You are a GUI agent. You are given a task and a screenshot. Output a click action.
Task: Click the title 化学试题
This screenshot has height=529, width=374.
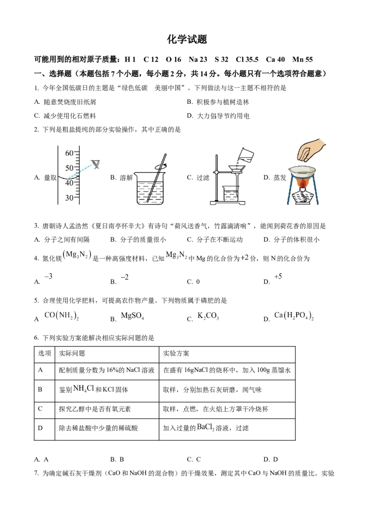point(187,39)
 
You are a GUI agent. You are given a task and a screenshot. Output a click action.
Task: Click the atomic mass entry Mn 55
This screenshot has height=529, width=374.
point(302,59)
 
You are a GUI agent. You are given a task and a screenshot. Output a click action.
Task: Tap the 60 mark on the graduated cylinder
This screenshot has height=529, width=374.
point(69,153)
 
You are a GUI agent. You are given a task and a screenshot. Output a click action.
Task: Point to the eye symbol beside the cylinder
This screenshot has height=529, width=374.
point(96,164)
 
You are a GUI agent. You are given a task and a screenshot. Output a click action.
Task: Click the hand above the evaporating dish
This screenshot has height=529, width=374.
point(310,150)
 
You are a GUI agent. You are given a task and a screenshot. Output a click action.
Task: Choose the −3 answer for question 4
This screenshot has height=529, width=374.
point(49,276)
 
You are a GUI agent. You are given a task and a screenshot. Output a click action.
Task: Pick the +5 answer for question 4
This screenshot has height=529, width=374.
point(278,277)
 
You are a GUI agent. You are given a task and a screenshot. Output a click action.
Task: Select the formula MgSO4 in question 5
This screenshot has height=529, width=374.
point(132,316)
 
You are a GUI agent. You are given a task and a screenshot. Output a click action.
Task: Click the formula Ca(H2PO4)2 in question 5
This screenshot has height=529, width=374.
point(294,316)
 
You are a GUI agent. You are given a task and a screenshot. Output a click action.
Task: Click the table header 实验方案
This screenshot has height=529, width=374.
point(176,353)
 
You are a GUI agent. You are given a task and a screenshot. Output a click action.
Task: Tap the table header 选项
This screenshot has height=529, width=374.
point(44,353)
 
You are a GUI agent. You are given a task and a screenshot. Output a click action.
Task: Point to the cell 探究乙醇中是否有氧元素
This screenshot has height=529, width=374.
point(95,409)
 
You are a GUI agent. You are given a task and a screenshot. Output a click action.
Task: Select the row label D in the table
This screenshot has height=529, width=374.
point(40,428)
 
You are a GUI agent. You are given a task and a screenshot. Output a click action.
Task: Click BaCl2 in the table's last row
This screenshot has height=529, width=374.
point(206,428)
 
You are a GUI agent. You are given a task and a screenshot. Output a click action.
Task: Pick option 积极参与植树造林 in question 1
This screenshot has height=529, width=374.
point(223,102)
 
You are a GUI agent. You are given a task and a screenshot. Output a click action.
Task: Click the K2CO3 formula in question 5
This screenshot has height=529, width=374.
point(208,316)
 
